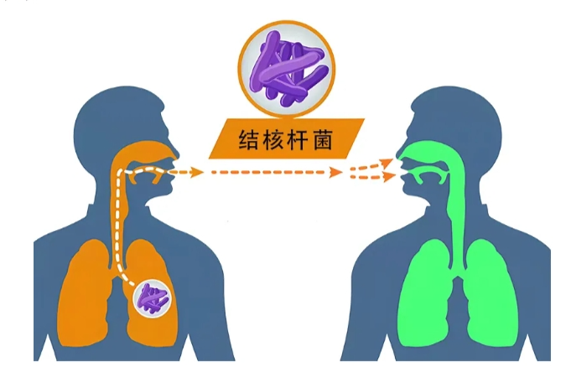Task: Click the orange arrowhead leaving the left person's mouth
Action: point(196,173)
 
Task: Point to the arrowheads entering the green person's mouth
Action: point(387,170)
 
